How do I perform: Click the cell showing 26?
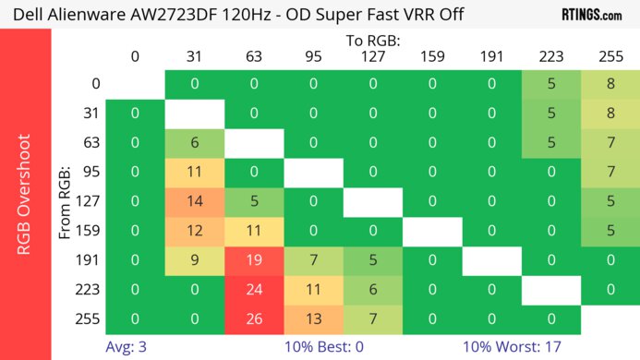click(254, 319)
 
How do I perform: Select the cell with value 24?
click(254, 290)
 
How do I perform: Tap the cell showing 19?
click(254, 260)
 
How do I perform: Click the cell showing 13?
click(313, 319)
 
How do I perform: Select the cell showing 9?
click(195, 260)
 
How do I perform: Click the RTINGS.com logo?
click(592, 14)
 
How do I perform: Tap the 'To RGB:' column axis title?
click(372, 40)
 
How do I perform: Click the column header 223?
click(550, 56)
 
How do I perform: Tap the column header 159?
click(432, 56)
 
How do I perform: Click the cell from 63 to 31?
click(195, 143)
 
